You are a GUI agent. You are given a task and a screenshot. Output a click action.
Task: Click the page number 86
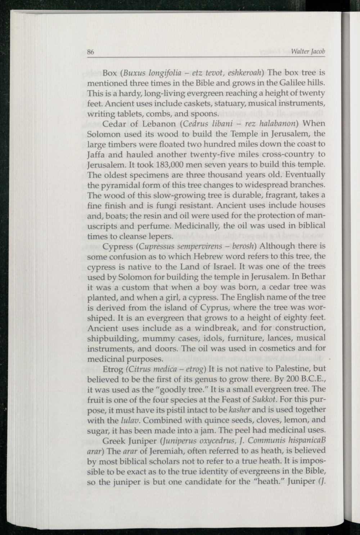click(x=91, y=52)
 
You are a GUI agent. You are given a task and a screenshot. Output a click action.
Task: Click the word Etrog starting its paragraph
click(x=112, y=369)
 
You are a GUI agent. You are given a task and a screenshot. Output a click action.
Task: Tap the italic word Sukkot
click(x=265, y=400)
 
